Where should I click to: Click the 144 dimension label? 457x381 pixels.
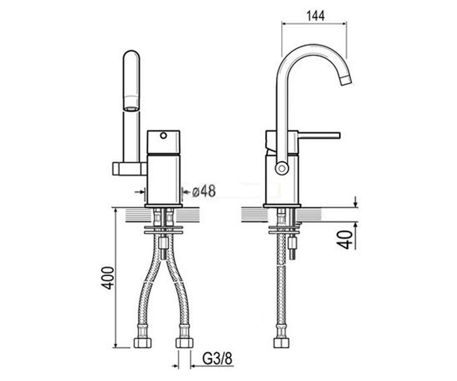coord(315,16)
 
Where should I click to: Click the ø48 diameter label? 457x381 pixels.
coord(204,191)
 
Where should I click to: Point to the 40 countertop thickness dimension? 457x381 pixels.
coord(347,240)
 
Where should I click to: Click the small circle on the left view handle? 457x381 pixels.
coord(163,136)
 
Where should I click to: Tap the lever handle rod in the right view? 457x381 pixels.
coord(319,135)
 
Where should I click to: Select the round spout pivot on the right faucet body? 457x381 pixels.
coord(282,168)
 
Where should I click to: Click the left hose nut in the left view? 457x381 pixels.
coord(142,343)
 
